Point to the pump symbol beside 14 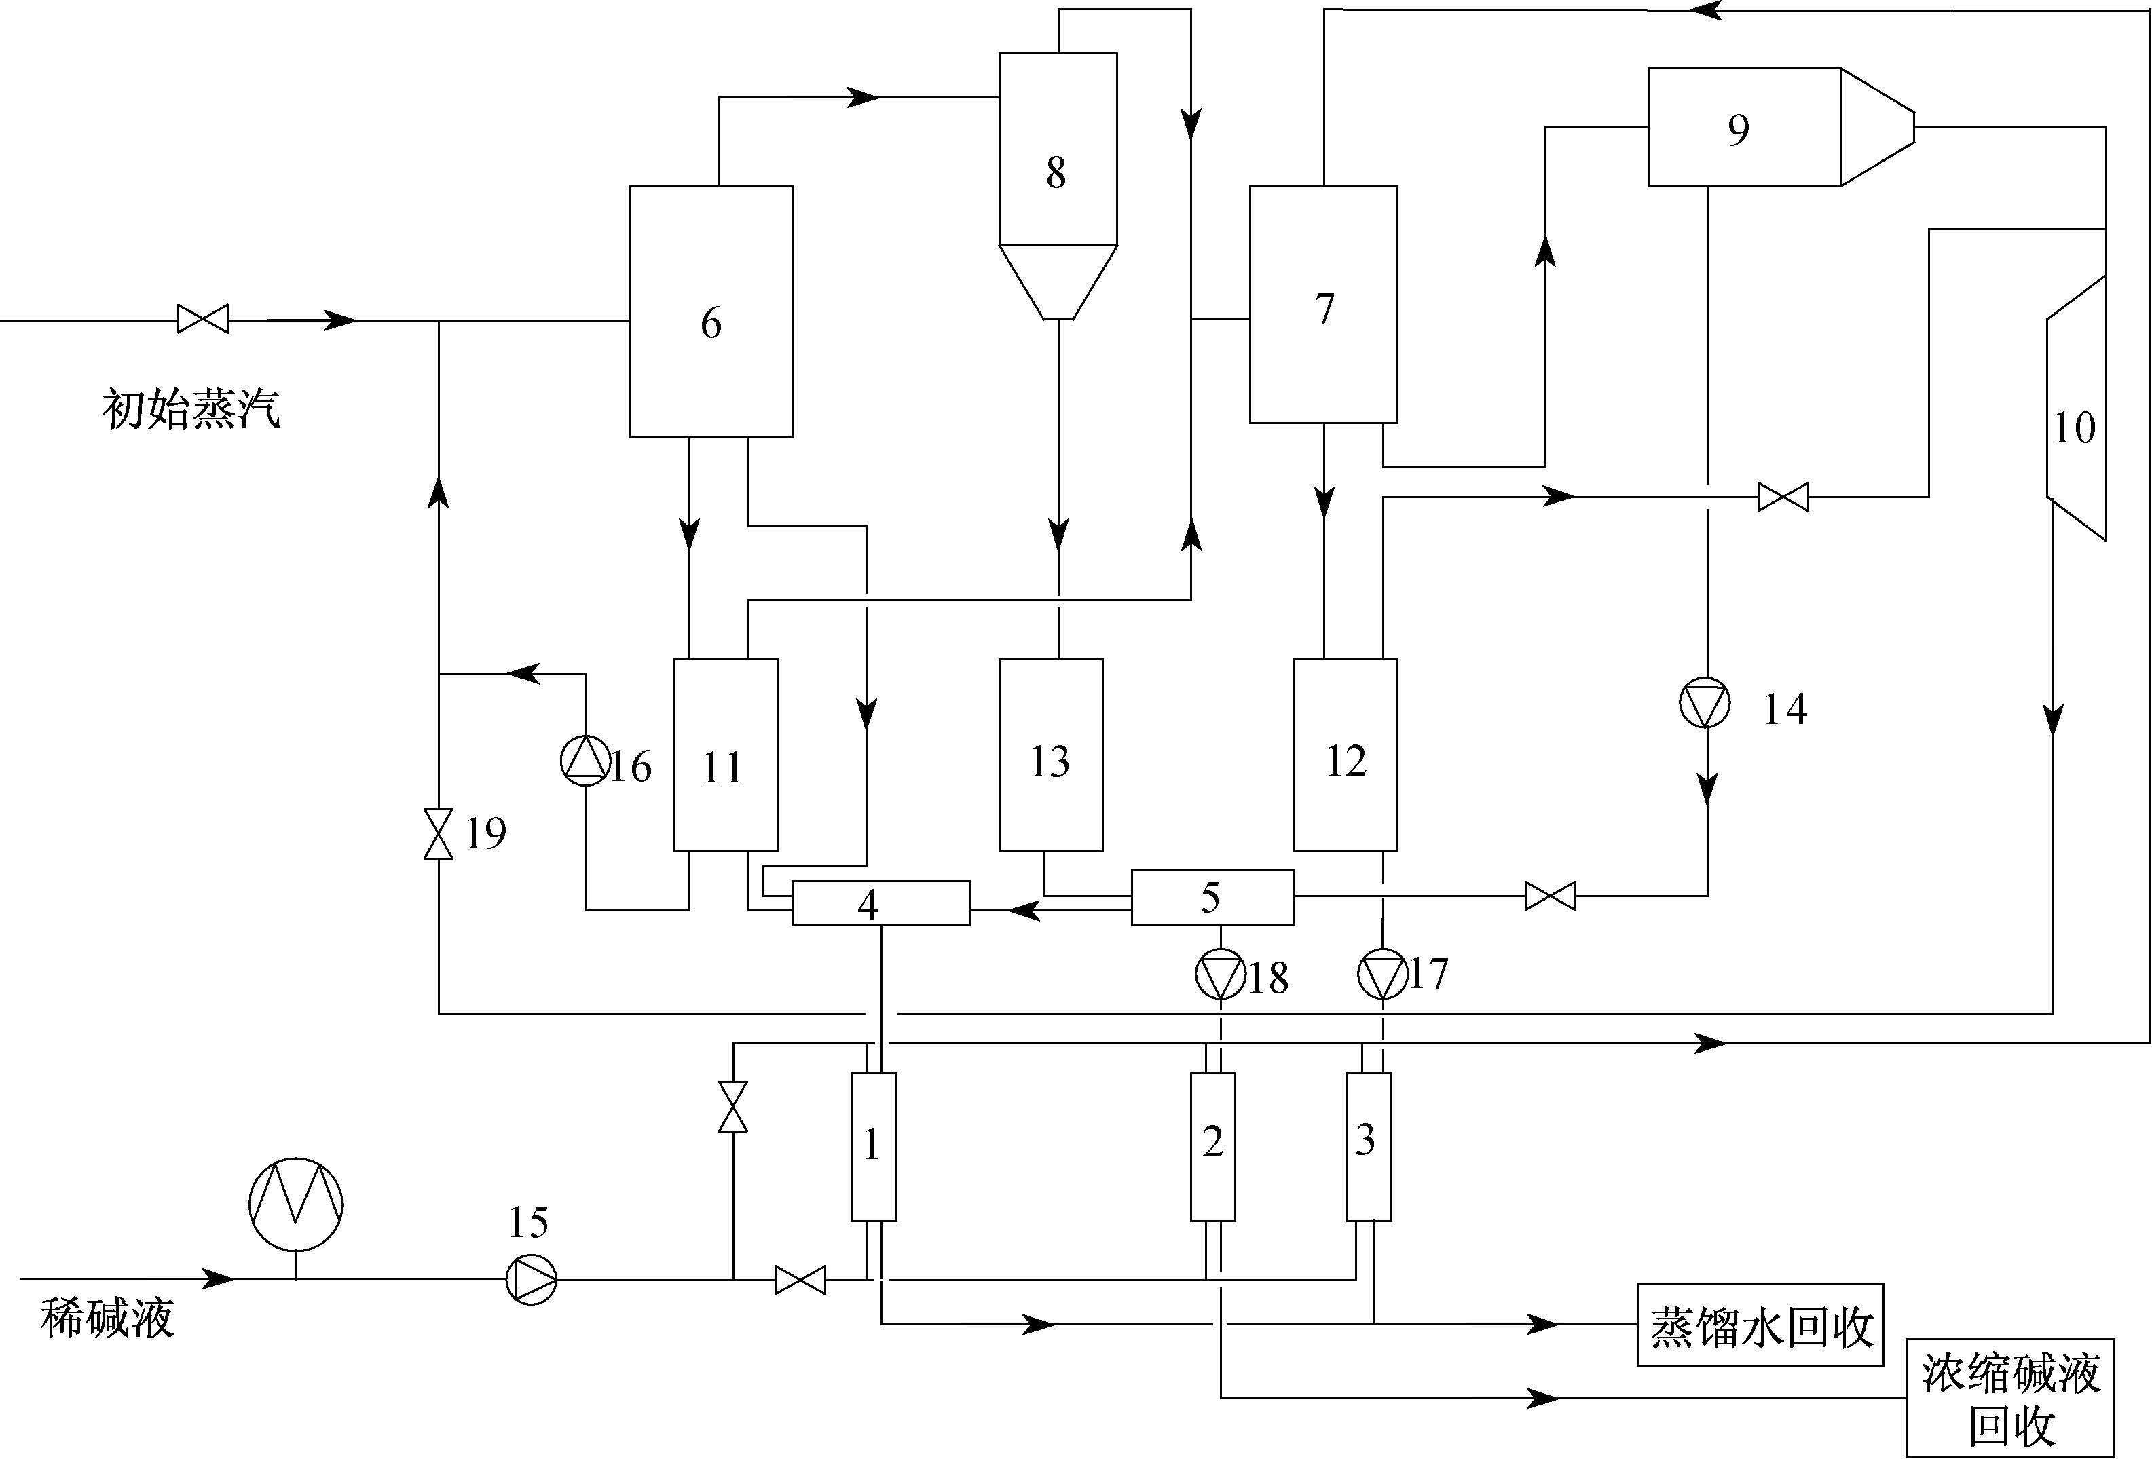click(1705, 704)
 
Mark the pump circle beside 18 click(1221, 975)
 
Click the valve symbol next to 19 click(438, 833)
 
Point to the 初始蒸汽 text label click(191, 409)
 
